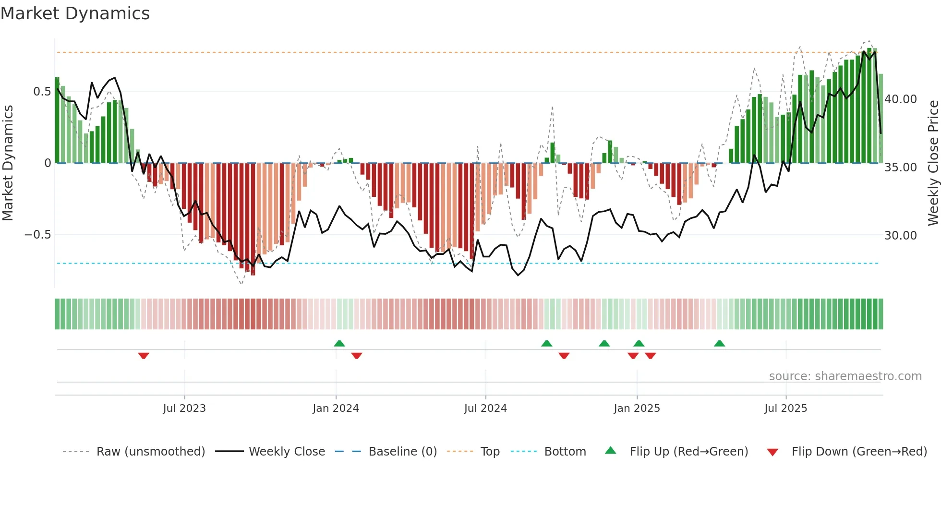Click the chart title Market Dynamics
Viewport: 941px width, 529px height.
[75, 13]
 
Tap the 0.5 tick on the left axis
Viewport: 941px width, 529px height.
[42, 92]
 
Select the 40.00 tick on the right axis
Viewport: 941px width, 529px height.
[901, 99]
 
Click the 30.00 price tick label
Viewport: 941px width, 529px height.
[901, 236]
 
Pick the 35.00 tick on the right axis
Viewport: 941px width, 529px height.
[901, 168]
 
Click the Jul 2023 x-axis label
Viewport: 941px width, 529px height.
[184, 409]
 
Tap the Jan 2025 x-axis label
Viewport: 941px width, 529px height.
[637, 409]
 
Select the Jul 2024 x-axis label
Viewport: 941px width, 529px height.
[485, 409]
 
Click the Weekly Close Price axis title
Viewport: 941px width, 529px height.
[933, 163]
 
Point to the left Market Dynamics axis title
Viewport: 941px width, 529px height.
[8, 163]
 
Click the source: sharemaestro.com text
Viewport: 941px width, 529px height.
[845, 376]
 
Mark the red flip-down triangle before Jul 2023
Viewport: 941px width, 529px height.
[144, 356]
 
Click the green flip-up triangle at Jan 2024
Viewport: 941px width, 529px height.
[339, 343]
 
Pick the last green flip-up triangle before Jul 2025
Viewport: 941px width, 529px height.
[719, 343]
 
